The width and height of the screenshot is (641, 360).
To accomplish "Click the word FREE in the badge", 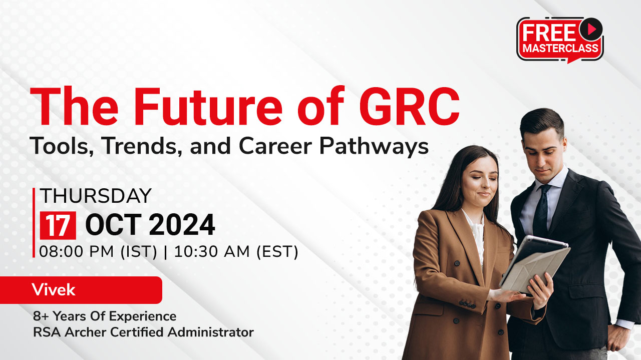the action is (549, 33).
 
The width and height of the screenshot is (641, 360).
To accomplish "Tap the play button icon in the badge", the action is (591, 29).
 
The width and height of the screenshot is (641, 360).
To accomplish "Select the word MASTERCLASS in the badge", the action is (560, 48).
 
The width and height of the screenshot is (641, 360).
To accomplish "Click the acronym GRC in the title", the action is (410, 107).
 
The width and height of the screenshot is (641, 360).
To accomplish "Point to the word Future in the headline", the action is (208, 107).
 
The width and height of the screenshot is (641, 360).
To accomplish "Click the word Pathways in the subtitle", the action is (374, 147).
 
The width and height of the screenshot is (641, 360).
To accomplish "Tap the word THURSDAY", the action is (96, 196).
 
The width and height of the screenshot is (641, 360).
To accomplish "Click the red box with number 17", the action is (58, 225).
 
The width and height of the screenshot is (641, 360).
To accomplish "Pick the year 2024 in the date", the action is (182, 225).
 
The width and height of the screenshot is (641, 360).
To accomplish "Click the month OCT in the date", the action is (113, 225).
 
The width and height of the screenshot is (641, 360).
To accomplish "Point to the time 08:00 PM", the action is (77, 251).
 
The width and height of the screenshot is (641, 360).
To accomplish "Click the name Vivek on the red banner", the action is (54, 290).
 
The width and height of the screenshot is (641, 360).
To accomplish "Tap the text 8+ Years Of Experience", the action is (105, 316).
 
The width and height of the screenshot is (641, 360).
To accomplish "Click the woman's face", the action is (480, 181).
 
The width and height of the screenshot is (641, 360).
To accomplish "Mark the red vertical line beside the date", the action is (34, 223).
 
